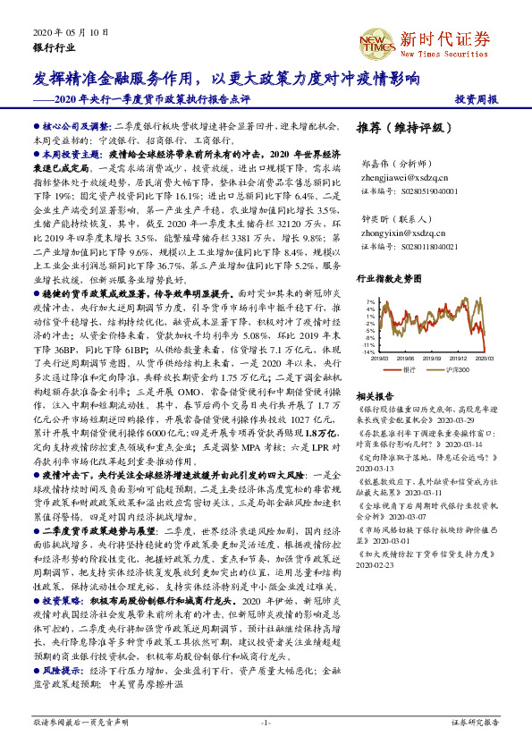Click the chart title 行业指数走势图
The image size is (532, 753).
(388, 281)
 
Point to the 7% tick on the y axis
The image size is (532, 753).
(370, 302)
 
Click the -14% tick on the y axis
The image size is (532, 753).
(368, 352)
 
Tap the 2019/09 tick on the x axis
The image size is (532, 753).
(431, 358)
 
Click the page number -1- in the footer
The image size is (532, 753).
(266, 721)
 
